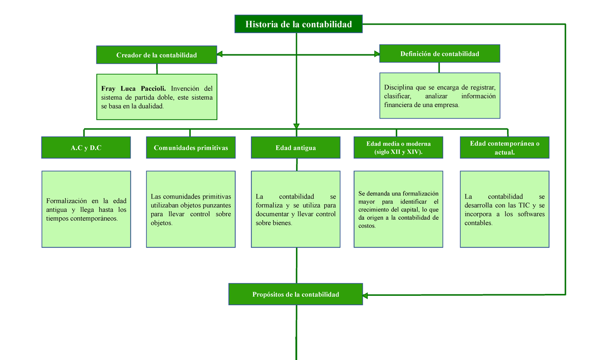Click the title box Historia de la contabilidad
298,24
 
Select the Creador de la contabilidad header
156,55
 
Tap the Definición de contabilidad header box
439,54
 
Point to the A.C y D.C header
86,148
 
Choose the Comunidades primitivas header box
191,148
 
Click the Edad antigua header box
296,148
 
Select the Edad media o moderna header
398,148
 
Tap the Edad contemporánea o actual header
504,148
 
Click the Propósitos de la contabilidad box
296,294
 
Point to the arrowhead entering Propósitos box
367,295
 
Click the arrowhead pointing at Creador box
220,54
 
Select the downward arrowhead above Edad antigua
296,125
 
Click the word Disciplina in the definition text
400,87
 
